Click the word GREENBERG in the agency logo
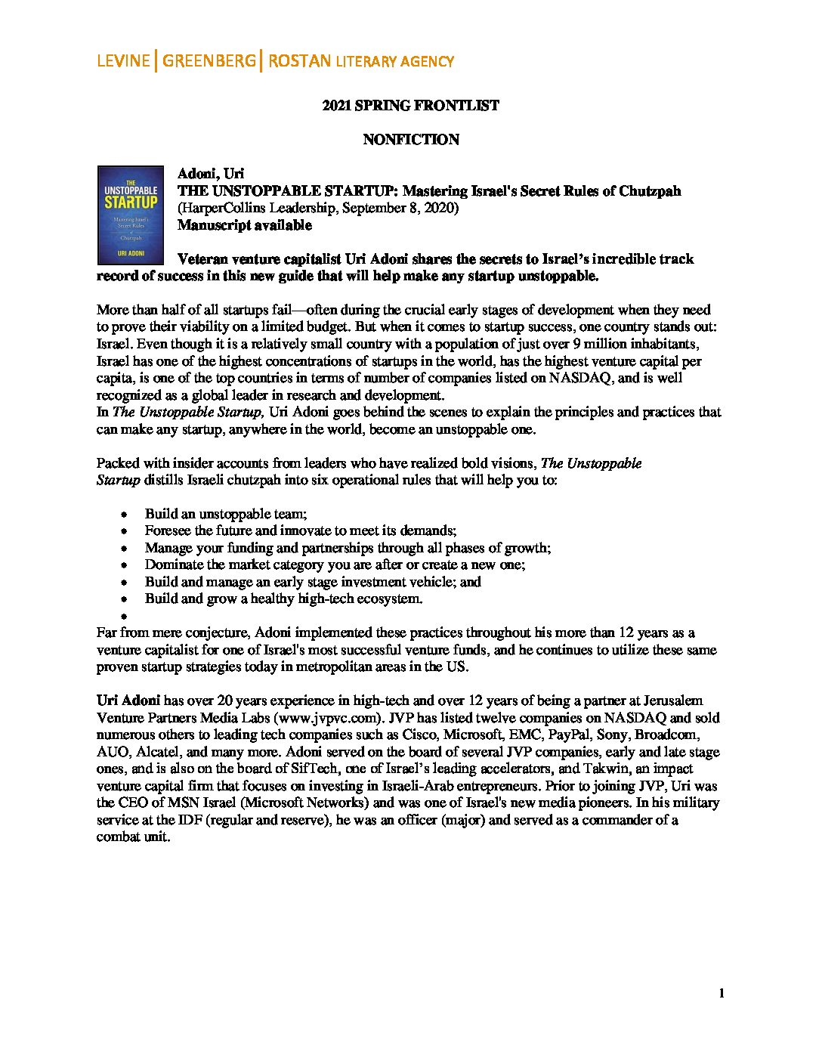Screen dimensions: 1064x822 point(209,61)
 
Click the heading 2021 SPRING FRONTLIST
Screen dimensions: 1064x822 point(410,106)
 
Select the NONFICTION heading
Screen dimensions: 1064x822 point(410,140)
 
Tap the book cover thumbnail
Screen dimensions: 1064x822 point(131,215)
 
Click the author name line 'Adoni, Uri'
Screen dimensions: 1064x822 point(210,174)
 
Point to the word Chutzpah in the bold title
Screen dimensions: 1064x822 point(650,191)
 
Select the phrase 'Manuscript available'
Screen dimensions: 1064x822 point(244,225)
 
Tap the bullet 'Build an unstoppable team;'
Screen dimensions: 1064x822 point(226,514)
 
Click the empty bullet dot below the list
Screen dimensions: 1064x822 point(123,616)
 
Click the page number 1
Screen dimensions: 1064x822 point(722,993)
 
